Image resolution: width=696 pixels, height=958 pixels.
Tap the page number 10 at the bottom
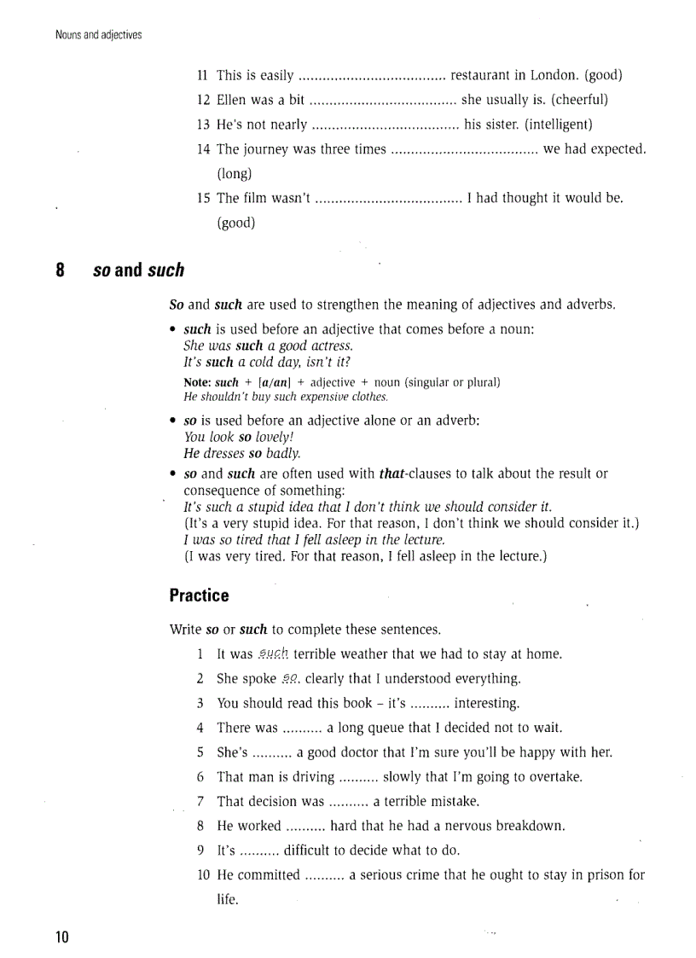tap(61, 937)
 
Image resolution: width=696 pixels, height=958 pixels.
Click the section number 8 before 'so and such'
tap(61, 270)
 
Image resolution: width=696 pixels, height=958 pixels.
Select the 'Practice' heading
tap(199, 595)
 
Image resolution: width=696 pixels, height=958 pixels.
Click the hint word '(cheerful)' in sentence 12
tap(581, 100)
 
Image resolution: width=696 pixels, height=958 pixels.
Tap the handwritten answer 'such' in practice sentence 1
tap(273, 654)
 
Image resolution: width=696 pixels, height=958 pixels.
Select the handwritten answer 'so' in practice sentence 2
tap(291, 679)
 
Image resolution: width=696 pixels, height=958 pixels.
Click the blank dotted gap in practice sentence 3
tap(430, 704)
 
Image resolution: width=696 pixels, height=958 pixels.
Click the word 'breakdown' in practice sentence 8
tap(530, 826)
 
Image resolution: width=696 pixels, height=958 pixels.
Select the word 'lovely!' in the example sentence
tap(275, 436)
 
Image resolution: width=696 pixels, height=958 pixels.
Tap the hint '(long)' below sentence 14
tap(235, 174)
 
